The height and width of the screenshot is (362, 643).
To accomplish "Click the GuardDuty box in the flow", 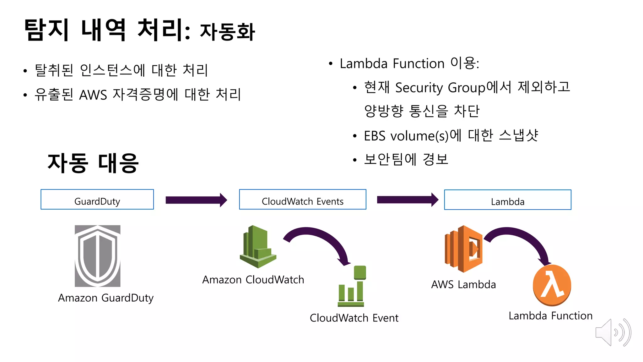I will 97,200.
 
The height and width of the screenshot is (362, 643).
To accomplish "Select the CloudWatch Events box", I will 302,200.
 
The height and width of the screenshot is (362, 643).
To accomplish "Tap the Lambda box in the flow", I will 507,200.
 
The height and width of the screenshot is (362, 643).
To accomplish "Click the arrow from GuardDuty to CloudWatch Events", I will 196,200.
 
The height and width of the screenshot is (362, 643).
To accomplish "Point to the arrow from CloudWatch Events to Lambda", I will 407,200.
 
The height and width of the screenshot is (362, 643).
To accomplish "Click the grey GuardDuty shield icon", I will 97,256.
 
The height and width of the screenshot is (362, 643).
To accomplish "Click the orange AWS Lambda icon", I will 463,249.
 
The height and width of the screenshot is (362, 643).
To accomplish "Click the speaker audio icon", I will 613,332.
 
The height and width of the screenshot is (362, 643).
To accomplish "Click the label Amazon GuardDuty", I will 106,298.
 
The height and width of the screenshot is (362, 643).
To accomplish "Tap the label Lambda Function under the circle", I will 550,315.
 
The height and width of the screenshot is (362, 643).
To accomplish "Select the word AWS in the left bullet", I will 93,95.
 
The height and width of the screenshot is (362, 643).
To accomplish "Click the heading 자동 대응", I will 93,163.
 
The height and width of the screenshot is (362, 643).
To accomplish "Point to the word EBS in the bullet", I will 375,136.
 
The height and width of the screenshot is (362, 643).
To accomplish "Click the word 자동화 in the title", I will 227,32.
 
